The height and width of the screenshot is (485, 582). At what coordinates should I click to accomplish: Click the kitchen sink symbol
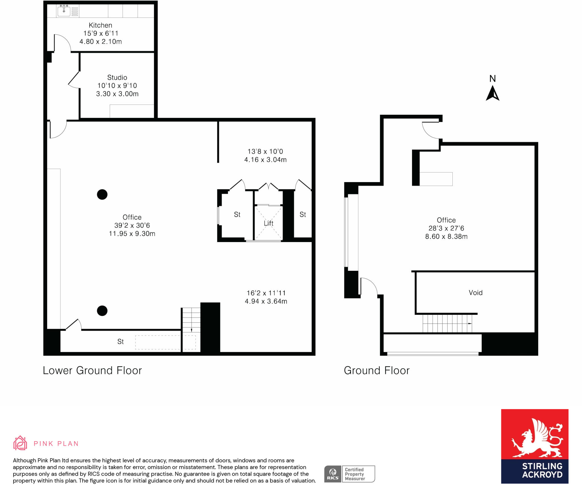coord(64,11)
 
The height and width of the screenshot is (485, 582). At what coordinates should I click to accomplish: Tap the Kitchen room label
coord(100,25)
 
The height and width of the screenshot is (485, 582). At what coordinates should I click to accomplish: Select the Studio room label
coord(117,78)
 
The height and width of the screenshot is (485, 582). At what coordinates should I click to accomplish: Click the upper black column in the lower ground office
coord(102,195)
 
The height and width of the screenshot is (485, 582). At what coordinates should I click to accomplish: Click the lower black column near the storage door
coord(102,311)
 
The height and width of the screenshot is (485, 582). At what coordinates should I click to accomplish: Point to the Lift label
coord(269,223)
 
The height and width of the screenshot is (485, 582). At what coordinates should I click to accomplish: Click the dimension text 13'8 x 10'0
coord(265,151)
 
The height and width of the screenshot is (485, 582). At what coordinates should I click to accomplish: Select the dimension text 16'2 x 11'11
coord(266,293)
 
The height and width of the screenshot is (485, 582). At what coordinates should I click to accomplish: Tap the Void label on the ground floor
coord(475,293)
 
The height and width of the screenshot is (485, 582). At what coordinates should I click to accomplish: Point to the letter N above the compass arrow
coord(492,79)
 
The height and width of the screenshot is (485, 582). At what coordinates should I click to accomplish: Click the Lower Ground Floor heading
coord(92,370)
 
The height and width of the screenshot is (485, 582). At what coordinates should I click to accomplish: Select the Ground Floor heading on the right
coord(377,370)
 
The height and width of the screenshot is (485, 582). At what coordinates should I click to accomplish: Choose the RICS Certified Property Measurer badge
coord(350,474)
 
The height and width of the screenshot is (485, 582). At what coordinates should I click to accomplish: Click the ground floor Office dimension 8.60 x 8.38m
coord(446,236)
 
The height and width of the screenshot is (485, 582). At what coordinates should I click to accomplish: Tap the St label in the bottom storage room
coord(120,342)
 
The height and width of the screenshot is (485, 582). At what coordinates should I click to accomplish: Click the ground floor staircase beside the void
coord(447,323)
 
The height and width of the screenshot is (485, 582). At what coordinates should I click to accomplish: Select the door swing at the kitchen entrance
coord(62,43)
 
